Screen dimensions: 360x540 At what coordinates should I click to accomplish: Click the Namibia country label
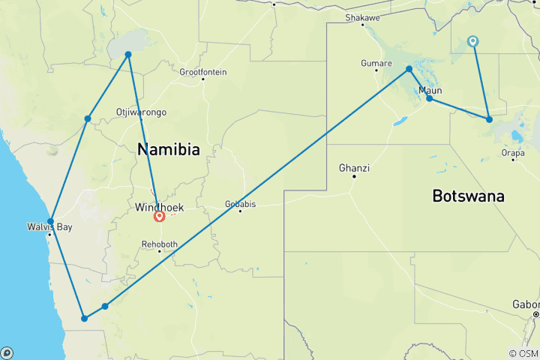point(169,150)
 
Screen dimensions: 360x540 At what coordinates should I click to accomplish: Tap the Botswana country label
point(468,196)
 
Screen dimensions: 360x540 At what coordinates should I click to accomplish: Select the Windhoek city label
point(159,206)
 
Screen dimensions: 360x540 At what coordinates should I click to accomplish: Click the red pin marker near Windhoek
point(159,217)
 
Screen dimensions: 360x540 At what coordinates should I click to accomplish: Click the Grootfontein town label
point(202,72)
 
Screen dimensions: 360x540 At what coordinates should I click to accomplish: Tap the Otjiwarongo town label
point(141,112)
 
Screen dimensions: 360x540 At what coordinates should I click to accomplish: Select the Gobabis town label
point(240,203)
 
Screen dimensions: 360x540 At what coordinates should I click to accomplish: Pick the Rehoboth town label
point(160,244)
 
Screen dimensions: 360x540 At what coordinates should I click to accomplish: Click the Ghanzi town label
point(354,167)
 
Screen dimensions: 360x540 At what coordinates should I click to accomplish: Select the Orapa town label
point(513,152)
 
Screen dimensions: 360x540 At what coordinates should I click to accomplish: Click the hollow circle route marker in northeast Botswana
point(473,41)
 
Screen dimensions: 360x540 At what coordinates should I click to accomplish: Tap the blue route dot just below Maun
point(429,98)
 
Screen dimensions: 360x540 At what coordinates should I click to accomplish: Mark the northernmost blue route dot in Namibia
point(128,54)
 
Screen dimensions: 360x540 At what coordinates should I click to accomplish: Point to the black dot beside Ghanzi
point(354,176)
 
